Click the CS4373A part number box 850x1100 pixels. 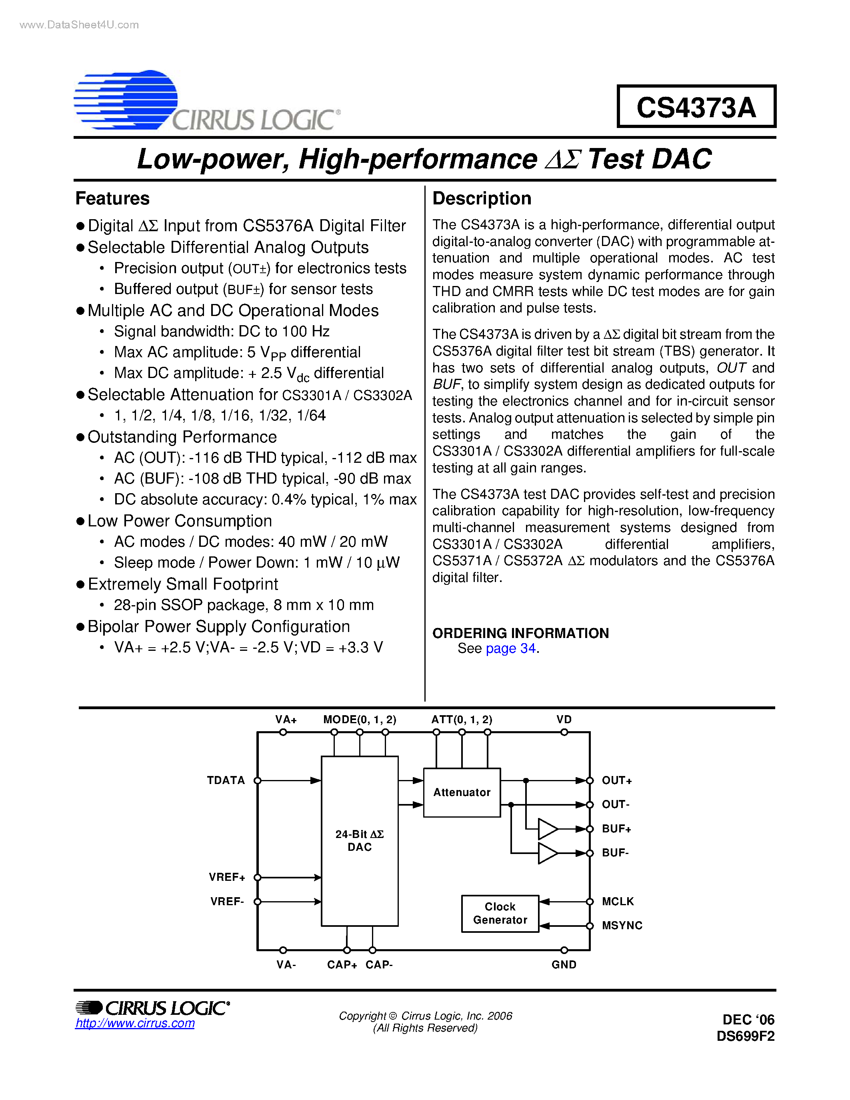(x=696, y=107)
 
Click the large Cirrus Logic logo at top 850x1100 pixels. (x=206, y=101)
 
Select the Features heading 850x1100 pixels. (x=112, y=198)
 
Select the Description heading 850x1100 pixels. (x=481, y=198)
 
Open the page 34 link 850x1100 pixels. (x=510, y=648)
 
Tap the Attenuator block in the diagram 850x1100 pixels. (x=462, y=792)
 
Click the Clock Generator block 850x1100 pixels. (x=500, y=913)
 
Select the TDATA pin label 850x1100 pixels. (x=226, y=780)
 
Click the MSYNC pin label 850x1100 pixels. (x=622, y=925)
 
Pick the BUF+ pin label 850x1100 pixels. (x=616, y=828)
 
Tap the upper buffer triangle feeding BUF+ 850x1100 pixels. (x=547, y=828)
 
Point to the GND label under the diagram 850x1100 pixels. (x=564, y=964)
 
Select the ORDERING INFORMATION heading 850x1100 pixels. (x=520, y=633)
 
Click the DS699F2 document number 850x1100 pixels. (x=745, y=1036)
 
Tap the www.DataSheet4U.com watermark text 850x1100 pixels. (x=79, y=25)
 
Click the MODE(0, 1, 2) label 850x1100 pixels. (x=360, y=719)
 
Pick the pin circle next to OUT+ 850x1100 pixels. (x=590, y=780)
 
